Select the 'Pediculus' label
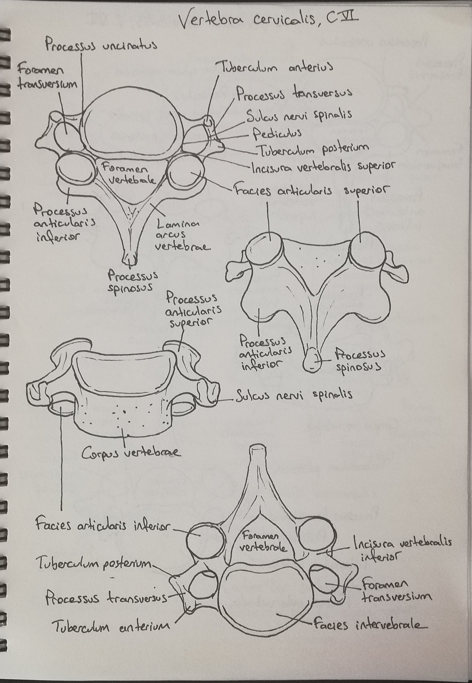coord(277,134)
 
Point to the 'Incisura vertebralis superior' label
coord(323,167)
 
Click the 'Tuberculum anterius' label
coord(276,67)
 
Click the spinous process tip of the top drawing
coord(130,260)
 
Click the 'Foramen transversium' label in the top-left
coord(47,77)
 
